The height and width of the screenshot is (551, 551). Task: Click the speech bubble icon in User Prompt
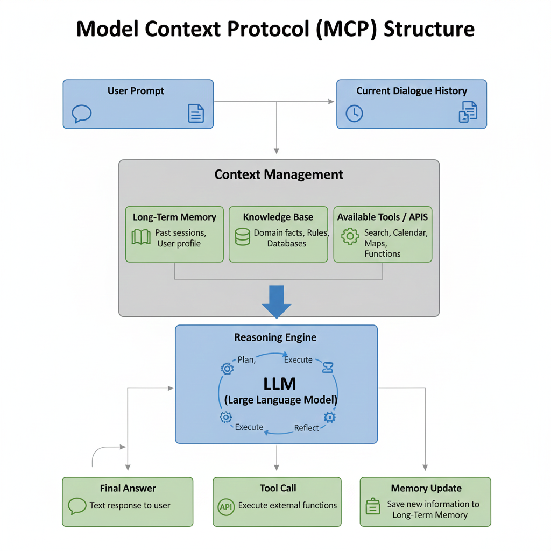pos(82,114)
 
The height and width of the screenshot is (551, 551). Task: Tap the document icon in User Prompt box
pos(196,113)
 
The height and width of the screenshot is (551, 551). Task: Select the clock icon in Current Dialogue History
pos(355,113)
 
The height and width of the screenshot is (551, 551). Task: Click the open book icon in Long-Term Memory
pos(141,237)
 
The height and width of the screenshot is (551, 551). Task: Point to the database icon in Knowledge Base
pos(243,237)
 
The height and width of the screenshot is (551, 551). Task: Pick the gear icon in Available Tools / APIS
pos(350,236)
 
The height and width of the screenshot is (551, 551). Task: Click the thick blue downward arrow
pos(276,302)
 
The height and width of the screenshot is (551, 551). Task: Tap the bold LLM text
pos(280,384)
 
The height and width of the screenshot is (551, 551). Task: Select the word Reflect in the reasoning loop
pos(307,428)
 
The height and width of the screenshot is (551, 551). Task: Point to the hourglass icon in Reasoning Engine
pos(328,367)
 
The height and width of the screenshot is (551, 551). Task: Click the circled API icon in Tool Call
pos(227,506)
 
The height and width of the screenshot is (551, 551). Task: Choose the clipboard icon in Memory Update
pos(373,506)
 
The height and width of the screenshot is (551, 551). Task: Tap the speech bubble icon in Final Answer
pos(77,506)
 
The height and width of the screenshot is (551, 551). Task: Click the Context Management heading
pos(279,175)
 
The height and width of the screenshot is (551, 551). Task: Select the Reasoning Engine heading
pos(275,338)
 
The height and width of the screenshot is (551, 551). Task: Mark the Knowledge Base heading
pos(278,217)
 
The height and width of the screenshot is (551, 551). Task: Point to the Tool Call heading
pos(278,488)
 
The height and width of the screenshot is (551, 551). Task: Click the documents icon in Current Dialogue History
pos(468,111)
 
